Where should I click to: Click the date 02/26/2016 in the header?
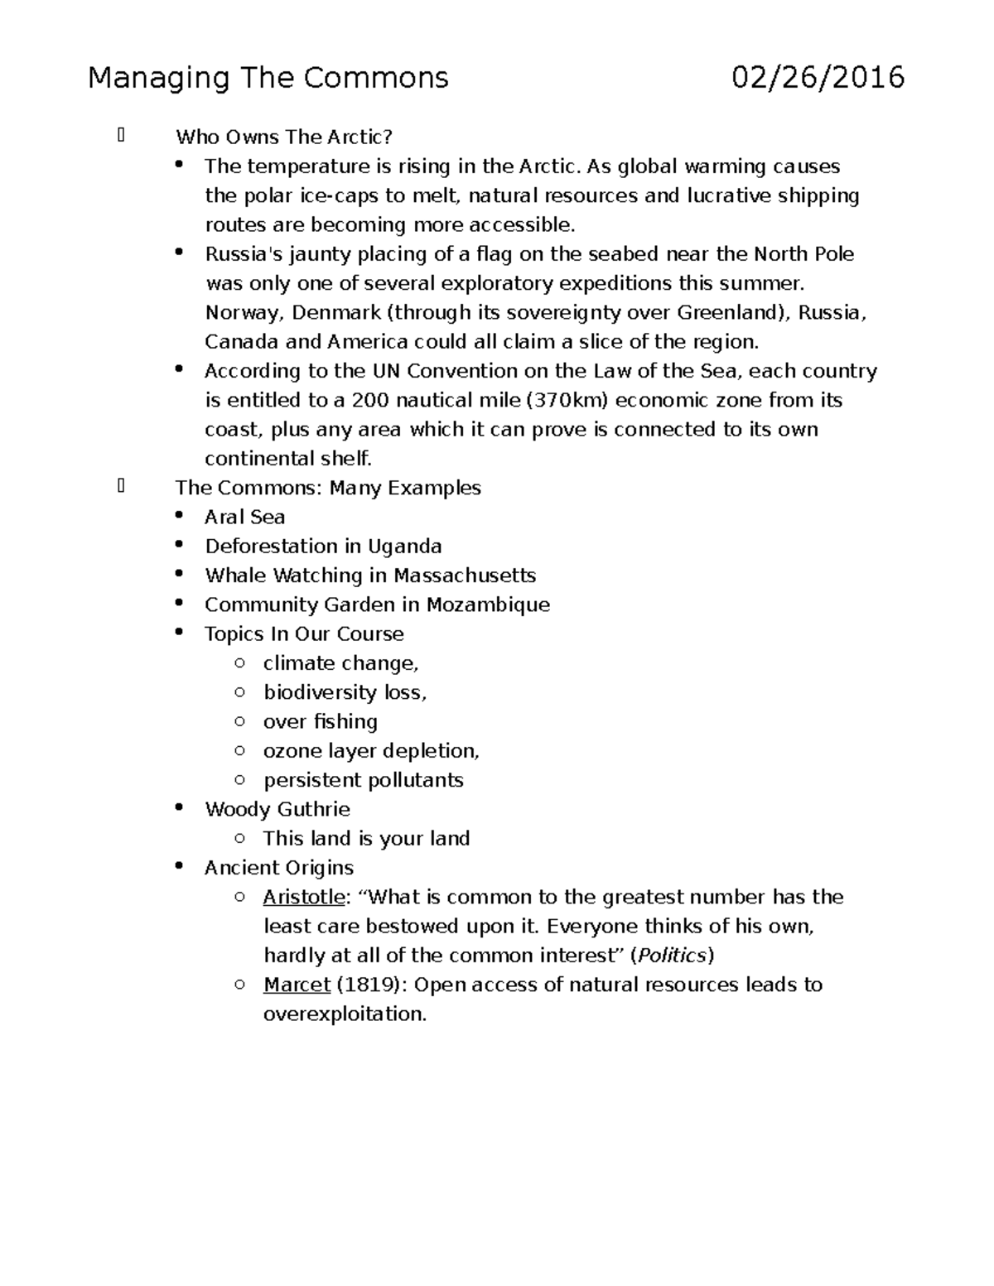tap(818, 78)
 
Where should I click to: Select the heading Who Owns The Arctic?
tap(283, 137)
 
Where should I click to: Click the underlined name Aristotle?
tap(303, 897)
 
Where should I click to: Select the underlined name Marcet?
tap(297, 985)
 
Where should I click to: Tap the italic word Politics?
tap(671, 956)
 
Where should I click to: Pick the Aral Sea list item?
tap(245, 517)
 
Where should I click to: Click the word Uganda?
tap(404, 547)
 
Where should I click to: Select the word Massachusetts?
tap(465, 576)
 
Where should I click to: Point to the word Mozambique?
tap(488, 604)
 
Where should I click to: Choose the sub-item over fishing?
tap(320, 722)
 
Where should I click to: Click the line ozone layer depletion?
tap(370, 751)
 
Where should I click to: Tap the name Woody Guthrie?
tap(277, 809)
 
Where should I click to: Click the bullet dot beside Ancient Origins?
tap(179, 866)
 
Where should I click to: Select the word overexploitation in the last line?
tap(344, 1014)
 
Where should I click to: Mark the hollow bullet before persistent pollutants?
tap(239, 780)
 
